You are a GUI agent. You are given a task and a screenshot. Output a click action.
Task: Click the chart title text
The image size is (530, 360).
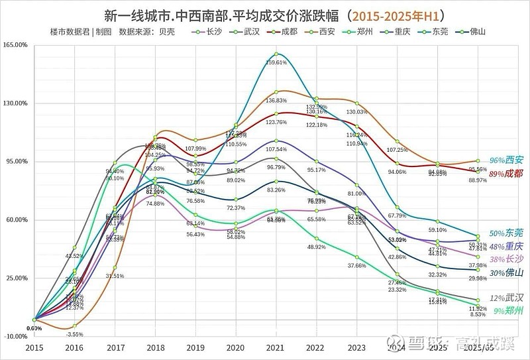click(x=265, y=14)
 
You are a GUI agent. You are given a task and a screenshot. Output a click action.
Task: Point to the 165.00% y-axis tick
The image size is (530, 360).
click(x=17, y=45)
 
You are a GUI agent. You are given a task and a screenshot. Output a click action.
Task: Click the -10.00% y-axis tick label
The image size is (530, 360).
click(x=17, y=336)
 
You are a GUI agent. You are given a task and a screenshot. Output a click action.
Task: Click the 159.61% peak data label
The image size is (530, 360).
click(x=277, y=62)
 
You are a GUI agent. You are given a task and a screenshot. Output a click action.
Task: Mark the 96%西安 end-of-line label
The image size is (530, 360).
click(x=506, y=160)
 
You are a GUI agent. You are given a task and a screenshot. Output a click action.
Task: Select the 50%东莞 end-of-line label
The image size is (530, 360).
click(x=506, y=233)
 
